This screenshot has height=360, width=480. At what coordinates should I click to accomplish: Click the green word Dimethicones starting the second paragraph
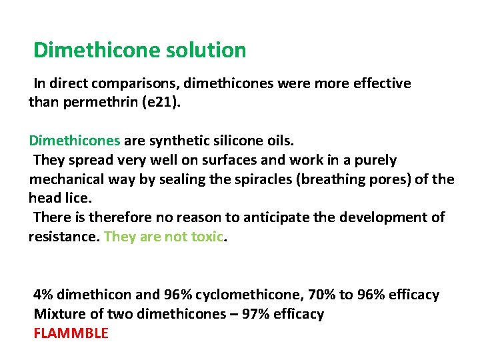point(74,141)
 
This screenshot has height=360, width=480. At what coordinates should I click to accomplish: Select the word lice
point(75,198)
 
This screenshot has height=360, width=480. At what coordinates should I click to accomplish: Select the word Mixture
point(58,314)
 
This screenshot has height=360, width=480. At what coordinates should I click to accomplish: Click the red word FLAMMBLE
point(71,333)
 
